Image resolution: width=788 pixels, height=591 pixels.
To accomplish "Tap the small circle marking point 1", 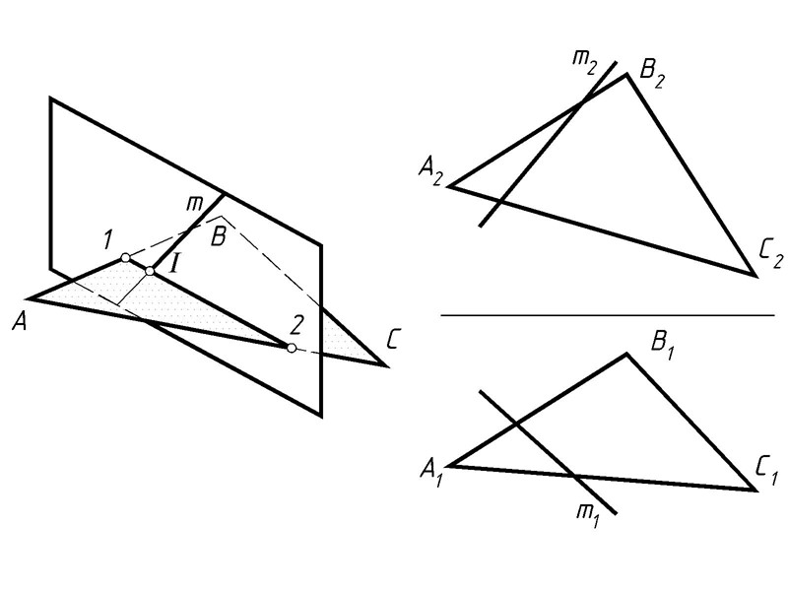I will [125, 258].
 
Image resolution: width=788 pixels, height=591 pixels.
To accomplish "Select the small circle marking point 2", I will [291, 348].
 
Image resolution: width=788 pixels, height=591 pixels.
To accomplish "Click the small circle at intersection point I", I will [150, 271].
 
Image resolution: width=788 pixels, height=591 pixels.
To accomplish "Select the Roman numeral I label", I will [172, 264].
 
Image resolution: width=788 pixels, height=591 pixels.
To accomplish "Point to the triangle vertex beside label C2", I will [755, 276].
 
